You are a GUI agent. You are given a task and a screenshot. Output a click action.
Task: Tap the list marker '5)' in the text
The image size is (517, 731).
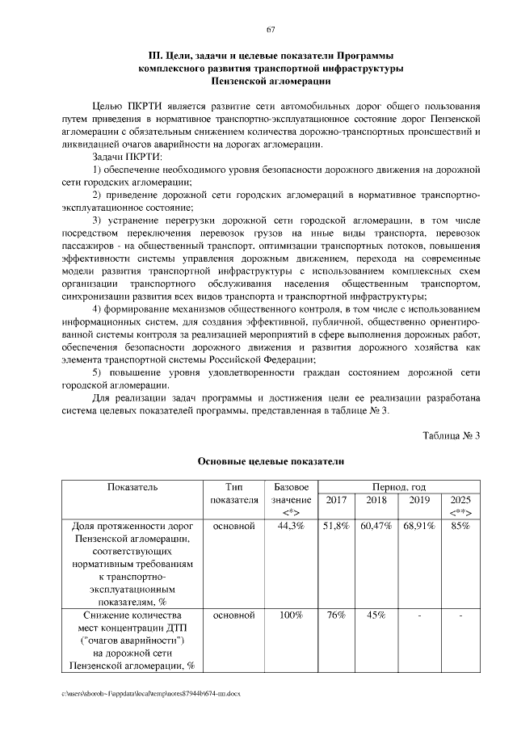pos(98,372)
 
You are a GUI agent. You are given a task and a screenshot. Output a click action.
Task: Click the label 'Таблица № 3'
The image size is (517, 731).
pos(452,436)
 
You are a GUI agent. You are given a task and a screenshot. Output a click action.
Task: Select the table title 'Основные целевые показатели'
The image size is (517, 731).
pos(271,462)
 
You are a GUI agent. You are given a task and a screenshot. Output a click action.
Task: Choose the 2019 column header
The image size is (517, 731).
pos(419,500)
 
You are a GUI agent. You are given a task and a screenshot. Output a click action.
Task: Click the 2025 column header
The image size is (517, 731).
pos(460,500)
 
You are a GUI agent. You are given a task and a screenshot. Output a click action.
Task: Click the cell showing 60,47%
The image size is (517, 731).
pos(376,526)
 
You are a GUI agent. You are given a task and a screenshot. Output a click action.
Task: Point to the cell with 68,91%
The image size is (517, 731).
pos(419,526)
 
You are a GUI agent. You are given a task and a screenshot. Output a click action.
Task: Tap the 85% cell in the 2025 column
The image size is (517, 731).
pos(460,526)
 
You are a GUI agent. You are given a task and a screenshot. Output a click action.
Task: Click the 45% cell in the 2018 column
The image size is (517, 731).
pos(376,615)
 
